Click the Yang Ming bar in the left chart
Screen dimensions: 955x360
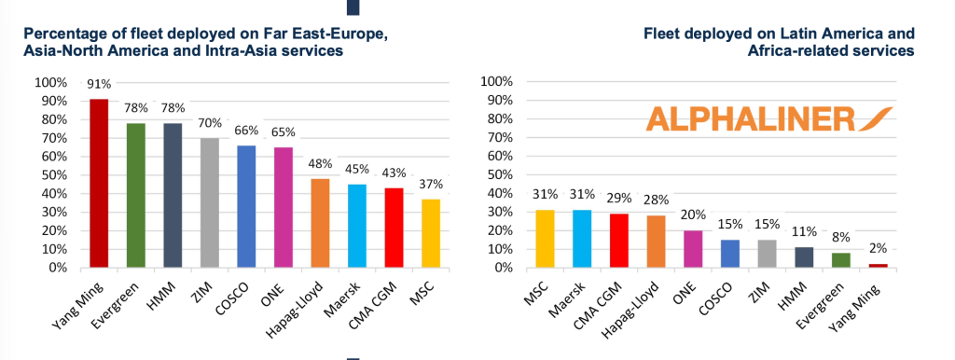tap(99, 184)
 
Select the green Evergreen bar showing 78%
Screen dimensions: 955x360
tap(136, 196)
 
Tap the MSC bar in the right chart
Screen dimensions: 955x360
tap(545, 239)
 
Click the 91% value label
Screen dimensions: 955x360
tap(99, 84)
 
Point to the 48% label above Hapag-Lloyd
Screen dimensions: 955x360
tap(321, 164)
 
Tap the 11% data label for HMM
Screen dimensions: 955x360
tap(805, 232)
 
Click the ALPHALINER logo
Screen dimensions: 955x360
tap(769, 118)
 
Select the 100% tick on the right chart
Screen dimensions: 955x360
tap(498, 82)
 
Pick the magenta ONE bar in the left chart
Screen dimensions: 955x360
tap(284, 208)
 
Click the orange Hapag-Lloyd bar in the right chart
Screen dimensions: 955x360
tap(656, 242)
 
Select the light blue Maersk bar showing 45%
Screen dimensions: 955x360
tap(357, 226)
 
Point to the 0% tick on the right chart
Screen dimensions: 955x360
tap(503, 268)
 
